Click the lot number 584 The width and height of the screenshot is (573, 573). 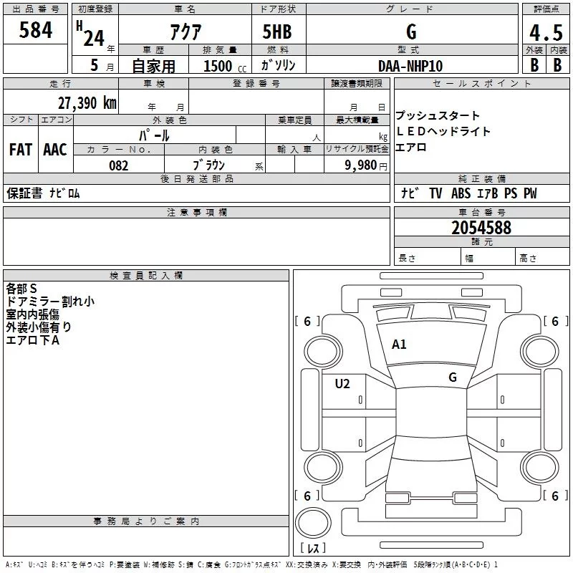click(x=35, y=32)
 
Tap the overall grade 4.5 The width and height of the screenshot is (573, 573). click(x=546, y=32)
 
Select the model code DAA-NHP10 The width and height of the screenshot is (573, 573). click(x=410, y=66)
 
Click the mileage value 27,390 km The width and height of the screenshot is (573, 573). click(x=87, y=102)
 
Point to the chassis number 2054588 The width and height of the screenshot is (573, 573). click(x=481, y=228)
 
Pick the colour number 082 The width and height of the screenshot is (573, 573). click(x=118, y=165)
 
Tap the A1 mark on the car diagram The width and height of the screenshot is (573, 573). click(x=399, y=345)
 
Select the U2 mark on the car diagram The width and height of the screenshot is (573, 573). click(x=342, y=384)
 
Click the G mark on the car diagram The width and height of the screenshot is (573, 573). click(x=453, y=377)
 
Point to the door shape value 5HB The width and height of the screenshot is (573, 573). click(x=276, y=32)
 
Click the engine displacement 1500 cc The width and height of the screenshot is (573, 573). click(x=223, y=66)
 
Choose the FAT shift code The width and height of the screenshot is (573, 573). click(x=21, y=150)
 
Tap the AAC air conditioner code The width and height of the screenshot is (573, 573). click(x=55, y=150)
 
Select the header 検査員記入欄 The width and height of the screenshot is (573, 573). click(x=146, y=276)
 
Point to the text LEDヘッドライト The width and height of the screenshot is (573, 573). click(x=443, y=132)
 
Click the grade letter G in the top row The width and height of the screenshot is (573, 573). click(x=410, y=32)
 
